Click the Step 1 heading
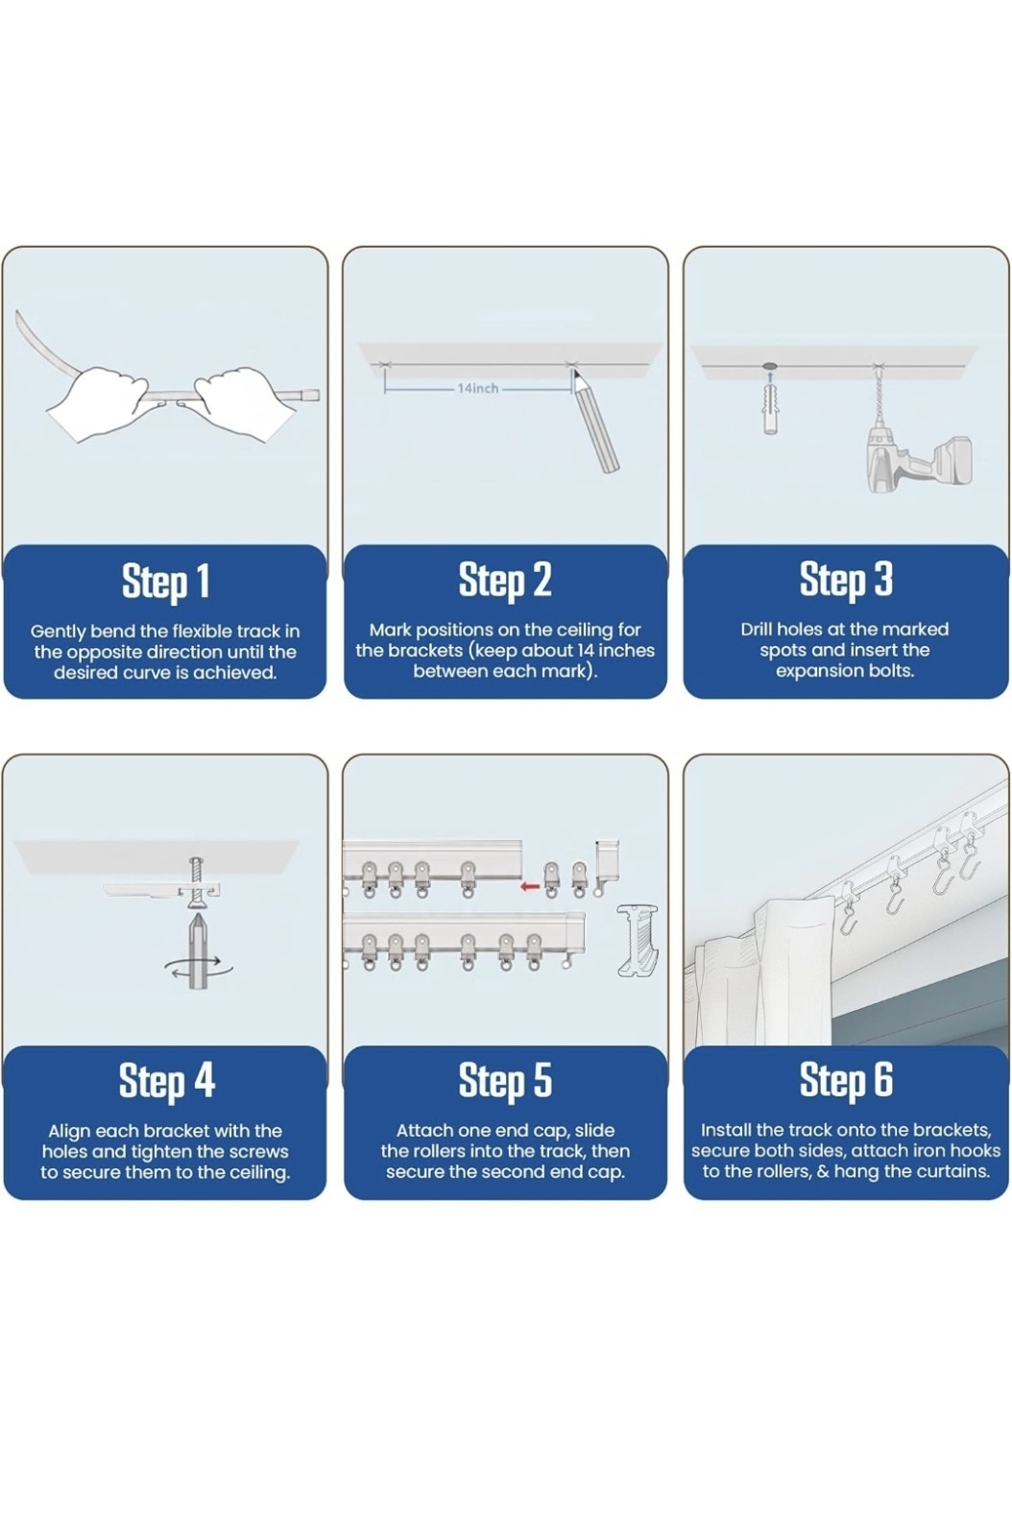coord(165,582)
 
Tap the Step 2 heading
coord(505,580)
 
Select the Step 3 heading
coord(846,580)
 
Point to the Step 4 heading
coord(167,1081)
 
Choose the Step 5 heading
coord(505,1081)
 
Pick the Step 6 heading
coord(846,1081)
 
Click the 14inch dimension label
coord(478,388)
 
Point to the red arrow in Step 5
coord(530,887)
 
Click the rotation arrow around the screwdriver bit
coord(199,968)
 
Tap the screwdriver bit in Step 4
coord(199,949)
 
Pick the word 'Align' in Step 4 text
coord(69,1131)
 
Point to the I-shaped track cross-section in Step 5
coord(637,940)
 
